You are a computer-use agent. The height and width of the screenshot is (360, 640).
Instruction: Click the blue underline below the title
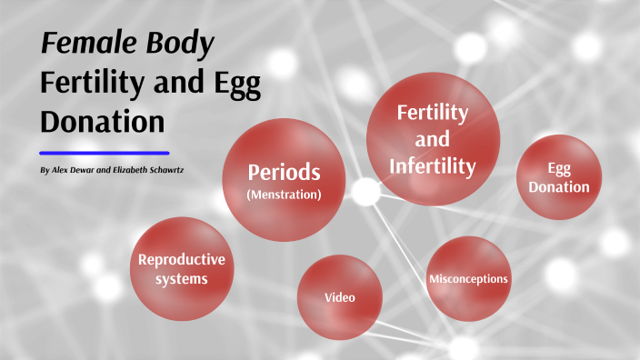click(x=105, y=153)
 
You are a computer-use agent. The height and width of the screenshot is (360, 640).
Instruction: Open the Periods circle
click(x=285, y=180)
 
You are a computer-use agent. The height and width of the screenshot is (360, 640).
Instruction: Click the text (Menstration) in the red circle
click(x=285, y=194)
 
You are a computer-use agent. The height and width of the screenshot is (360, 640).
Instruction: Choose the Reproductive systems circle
click(x=181, y=269)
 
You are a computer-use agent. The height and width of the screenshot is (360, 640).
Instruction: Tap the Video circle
click(x=339, y=297)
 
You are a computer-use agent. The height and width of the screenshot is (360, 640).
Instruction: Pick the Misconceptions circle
click(x=468, y=278)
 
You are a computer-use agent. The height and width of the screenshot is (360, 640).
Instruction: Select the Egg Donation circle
click(x=558, y=178)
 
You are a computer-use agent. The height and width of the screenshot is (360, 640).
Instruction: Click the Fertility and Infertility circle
click(x=433, y=139)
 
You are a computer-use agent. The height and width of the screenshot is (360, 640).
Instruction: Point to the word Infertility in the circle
click(x=433, y=166)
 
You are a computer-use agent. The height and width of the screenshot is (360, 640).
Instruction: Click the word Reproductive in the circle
click(x=181, y=260)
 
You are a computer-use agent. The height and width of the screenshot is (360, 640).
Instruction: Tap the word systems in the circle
click(x=181, y=279)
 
